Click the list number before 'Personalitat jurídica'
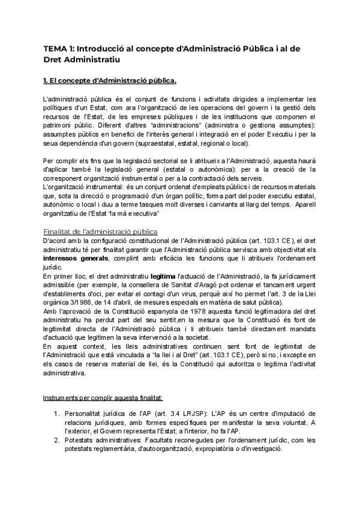(x=57, y=414)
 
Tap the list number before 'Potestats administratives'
(x=57, y=440)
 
